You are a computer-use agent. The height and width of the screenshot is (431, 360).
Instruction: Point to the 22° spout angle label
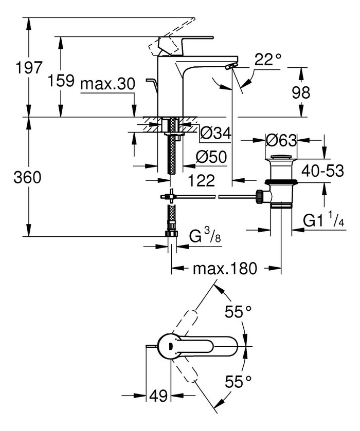pyautogui.click(x=268, y=61)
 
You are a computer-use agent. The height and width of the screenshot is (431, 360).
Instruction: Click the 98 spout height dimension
pyautogui.click(x=315, y=93)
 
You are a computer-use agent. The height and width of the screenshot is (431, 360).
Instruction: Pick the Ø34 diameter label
pyautogui.click(x=215, y=134)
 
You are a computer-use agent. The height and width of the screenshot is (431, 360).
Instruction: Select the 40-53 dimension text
pyautogui.click(x=322, y=171)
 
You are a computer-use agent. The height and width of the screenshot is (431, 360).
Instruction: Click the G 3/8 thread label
pyautogui.click(x=202, y=238)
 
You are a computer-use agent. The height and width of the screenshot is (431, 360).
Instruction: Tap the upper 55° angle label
pyautogui.click(x=239, y=312)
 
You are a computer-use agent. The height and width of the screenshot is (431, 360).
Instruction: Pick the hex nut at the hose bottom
pyautogui.click(x=171, y=234)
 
